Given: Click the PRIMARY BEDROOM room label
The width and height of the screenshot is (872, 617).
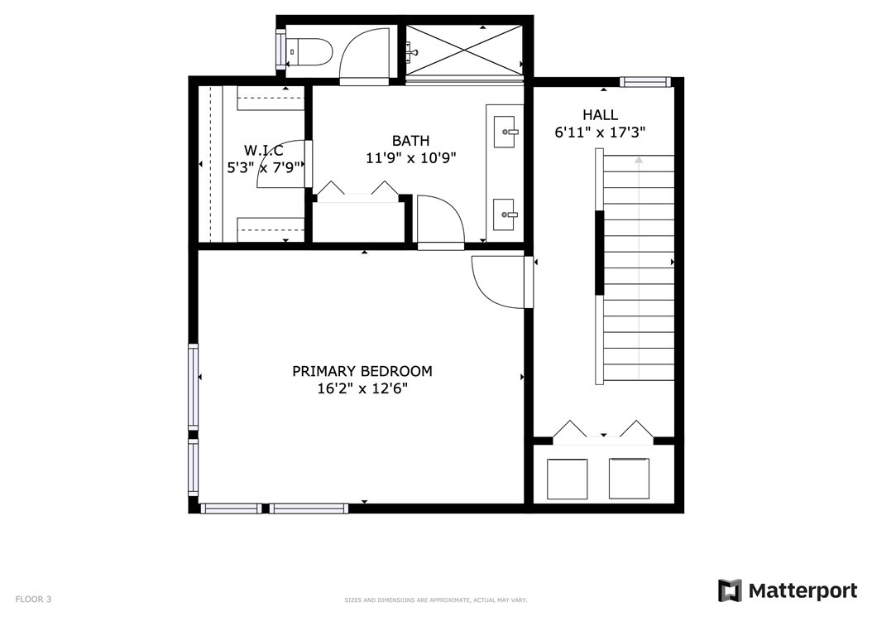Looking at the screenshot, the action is (x=362, y=371).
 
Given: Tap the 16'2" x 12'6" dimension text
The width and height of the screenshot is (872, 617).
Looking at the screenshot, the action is (x=362, y=388).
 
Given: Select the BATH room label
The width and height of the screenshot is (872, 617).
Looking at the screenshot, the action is (x=410, y=140).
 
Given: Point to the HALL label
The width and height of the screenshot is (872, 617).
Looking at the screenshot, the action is (x=600, y=115).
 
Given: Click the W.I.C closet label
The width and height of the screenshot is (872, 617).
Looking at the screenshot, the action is (x=264, y=151).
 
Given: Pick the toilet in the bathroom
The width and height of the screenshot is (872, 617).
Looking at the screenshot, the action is (x=309, y=52).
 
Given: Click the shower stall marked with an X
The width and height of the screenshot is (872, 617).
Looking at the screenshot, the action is (x=464, y=50).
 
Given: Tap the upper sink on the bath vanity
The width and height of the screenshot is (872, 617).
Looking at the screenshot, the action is (x=505, y=132).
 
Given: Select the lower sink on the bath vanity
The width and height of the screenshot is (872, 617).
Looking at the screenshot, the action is (x=505, y=215).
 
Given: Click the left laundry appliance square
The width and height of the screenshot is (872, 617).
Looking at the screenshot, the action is (x=568, y=479).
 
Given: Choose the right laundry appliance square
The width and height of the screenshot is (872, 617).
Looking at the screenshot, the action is (x=629, y=479).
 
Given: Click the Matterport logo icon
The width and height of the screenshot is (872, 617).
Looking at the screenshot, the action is (x=730, y=590).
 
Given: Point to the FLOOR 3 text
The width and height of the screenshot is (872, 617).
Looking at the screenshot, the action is (x=33, y=599).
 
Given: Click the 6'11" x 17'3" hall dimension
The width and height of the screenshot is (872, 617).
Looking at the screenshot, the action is (x=600, y=133).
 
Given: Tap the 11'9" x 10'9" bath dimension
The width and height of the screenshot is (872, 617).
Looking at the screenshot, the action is (x=411, y=158).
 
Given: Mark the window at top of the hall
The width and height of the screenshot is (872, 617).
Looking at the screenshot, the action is (x=645, y=82).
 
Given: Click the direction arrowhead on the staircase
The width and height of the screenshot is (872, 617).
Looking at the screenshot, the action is (x=639, y=160).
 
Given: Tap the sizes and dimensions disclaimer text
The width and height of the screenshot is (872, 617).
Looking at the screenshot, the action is (x=436, y=600).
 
